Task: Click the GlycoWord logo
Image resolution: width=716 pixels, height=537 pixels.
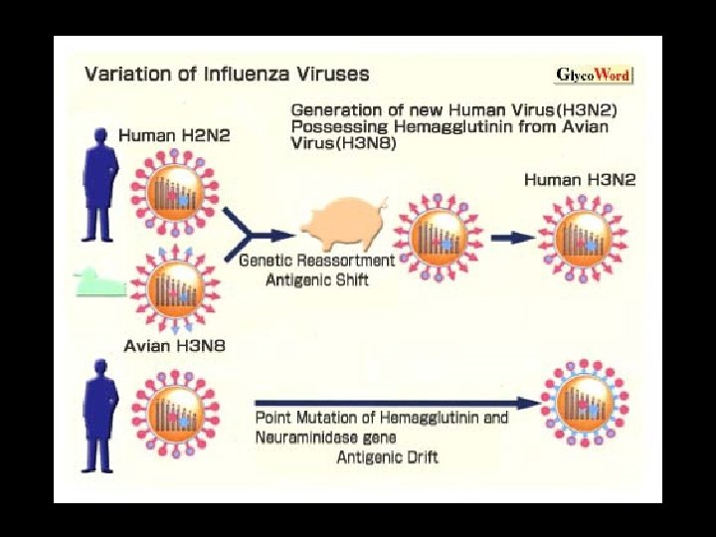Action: (594, 75)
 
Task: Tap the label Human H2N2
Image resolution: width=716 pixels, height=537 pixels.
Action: (174, 135)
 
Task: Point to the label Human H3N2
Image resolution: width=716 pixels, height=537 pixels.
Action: (580, 180)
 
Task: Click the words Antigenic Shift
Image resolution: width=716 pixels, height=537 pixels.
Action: (317, 279)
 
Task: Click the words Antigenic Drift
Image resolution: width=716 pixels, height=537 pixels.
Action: (387, 456)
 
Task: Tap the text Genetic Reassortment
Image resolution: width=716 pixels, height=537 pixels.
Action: (317, 261)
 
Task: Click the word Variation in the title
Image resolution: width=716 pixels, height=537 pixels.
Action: (121, 74)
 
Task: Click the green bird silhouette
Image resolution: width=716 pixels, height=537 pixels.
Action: (99, 283)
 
